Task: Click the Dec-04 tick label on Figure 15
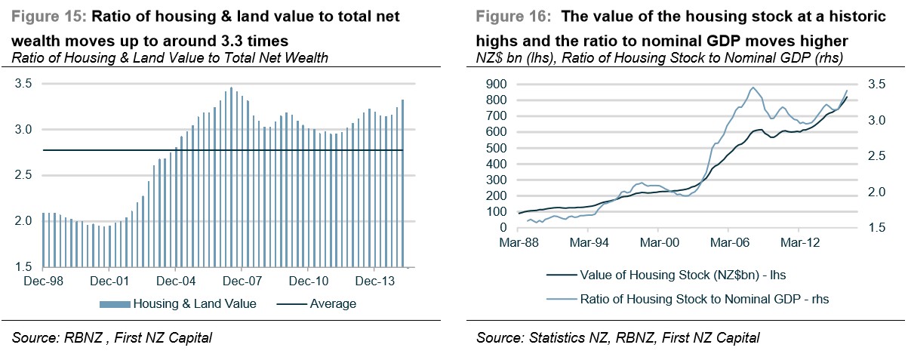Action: pyautogui.click(x=177, y=282)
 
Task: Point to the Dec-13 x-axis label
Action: pyautogui.click(x=375, y=282)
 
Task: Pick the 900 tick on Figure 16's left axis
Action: pyautogui.click(x=497, y=84)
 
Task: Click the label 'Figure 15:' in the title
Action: pyautogui.click(x=45, y=16)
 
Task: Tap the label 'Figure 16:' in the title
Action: pyautogui.click(x=509, y=16)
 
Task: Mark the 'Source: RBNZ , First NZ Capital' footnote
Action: pyautogui.click(x=112, y=337)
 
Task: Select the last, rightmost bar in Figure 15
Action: pyautogui.click(x=403, y=183)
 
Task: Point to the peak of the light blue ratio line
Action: pyautogui.click(x=753, y=88)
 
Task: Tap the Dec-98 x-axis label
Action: pyautogui.click(x=43, y=282)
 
